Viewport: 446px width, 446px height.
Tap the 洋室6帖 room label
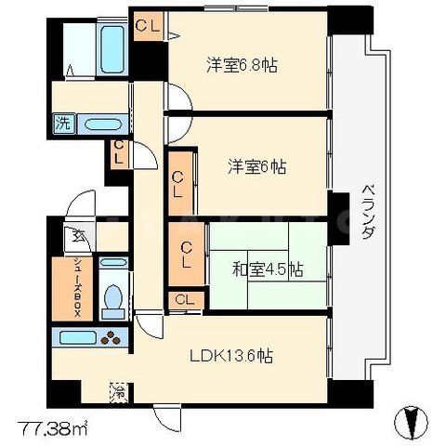[x=257, y=167]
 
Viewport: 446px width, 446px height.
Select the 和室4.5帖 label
[x=268, y=269]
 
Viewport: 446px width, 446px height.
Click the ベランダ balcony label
[x=367, y=209]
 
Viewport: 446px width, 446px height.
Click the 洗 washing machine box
[x=63, y=122]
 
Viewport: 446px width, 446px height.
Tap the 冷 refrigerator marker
[x=119, y=390]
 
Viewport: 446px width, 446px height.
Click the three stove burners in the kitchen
[x=112, y=338]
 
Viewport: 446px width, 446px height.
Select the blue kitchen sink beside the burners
[x=77, y=337]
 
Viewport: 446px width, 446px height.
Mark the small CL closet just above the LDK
[x=184, y=299]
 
